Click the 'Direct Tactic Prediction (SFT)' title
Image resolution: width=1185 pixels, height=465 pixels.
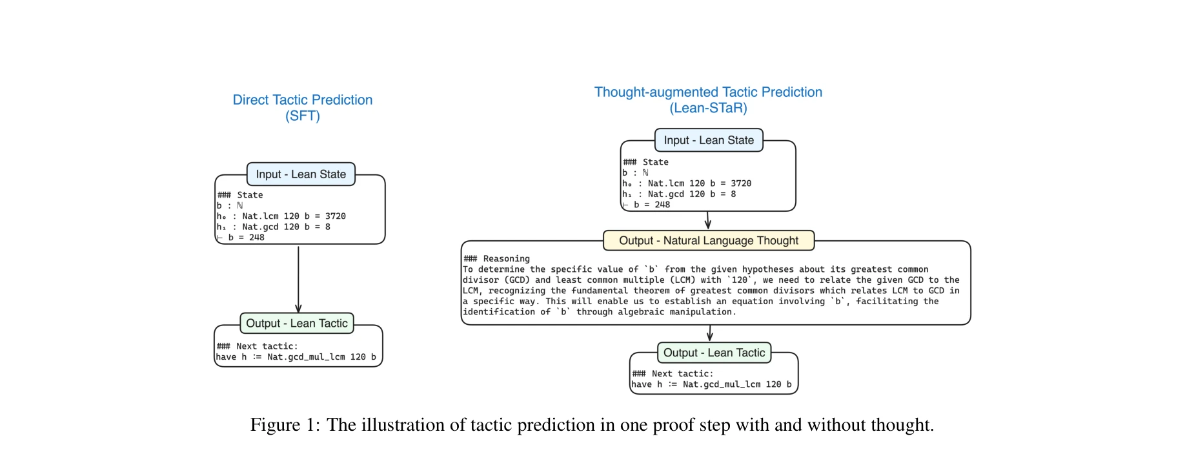302,108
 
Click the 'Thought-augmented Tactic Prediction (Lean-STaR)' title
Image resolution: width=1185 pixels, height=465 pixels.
708,100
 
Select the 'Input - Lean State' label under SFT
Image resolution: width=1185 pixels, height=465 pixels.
301,174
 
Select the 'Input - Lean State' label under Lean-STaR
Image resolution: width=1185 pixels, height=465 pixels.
709,140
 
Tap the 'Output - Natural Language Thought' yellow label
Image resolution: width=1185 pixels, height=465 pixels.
708,241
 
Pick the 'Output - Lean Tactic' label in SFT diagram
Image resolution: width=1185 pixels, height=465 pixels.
297,324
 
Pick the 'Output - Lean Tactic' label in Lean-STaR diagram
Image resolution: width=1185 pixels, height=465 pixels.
714,353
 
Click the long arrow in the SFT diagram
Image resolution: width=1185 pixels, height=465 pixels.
298,279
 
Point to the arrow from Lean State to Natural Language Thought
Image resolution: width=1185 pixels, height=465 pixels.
708,220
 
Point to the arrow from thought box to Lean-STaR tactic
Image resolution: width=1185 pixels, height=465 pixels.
710,333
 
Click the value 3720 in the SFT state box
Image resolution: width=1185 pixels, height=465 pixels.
335,216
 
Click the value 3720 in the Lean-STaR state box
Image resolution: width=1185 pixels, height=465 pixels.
741,183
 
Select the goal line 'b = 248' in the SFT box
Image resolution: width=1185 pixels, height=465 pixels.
246,238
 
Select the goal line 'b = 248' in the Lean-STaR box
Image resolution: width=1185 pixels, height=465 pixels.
652,205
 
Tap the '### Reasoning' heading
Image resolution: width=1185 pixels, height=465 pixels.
497,259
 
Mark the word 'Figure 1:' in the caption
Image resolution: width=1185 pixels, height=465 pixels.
285,425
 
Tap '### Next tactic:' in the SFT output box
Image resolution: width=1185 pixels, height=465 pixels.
258,347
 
